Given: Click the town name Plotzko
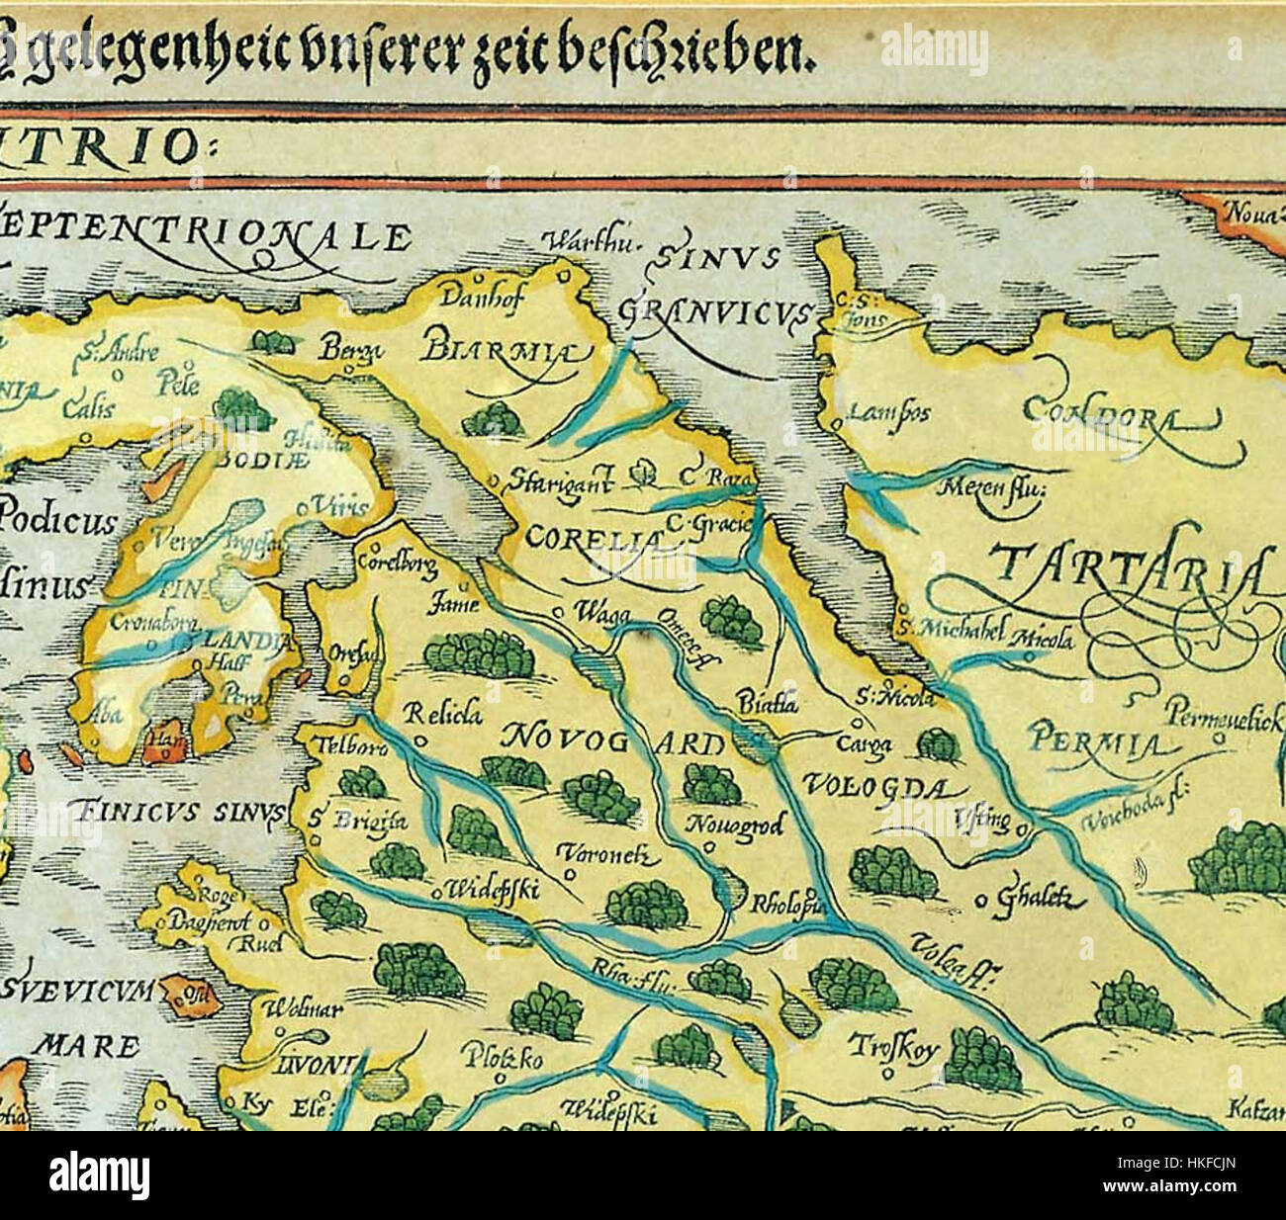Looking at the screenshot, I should [502, 1059].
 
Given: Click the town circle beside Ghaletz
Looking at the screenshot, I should [981, 900].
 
